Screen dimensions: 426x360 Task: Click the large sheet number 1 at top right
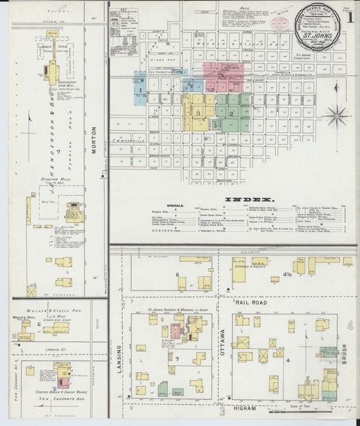[351, 18]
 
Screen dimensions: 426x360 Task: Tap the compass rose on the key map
[336, 116]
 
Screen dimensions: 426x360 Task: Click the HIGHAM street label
[242, 408]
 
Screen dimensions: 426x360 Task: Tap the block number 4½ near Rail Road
[286, 273]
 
